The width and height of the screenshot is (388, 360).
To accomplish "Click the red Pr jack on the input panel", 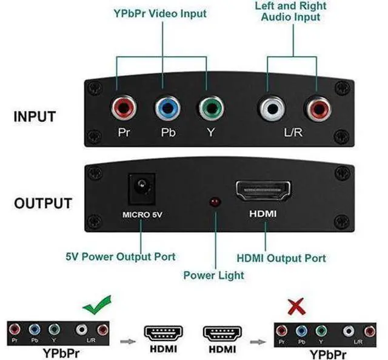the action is (x=124, y=108).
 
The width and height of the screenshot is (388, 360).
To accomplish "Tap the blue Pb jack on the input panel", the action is (x=167, y=108).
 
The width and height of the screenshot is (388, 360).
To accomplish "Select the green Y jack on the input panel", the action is (x=212, y=108).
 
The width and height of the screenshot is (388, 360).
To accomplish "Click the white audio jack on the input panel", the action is (x=272, y=108).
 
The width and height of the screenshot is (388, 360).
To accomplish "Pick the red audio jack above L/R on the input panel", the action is (x=318, y=108).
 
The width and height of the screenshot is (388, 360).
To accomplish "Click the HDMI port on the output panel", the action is (x=263, y=191).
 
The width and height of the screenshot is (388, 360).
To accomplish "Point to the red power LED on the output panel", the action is (x=215, y=202).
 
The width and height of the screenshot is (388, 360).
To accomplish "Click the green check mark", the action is (x=97, y=305).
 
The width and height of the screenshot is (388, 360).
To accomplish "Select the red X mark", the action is (x=296, y=306).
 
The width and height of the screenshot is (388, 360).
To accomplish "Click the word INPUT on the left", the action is (x=35, y=117).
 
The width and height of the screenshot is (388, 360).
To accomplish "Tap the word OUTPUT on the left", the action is (x=43, y=204).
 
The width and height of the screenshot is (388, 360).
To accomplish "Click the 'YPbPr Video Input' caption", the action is (x=160, y=13).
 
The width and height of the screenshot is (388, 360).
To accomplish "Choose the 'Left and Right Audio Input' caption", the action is (x=291, y=12).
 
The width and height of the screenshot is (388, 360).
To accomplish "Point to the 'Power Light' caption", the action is (x=214, y=275).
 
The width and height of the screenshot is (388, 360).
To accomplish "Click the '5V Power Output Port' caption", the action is (x=121, y=257).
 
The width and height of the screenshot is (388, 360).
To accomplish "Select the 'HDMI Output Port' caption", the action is (x=281, y=258).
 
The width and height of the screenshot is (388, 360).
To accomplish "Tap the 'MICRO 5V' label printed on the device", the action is (x=142, y=215).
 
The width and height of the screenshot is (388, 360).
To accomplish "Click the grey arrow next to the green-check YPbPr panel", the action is (x=128, y=342).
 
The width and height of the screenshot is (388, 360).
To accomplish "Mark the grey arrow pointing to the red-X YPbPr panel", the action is (x=258, y=342).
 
